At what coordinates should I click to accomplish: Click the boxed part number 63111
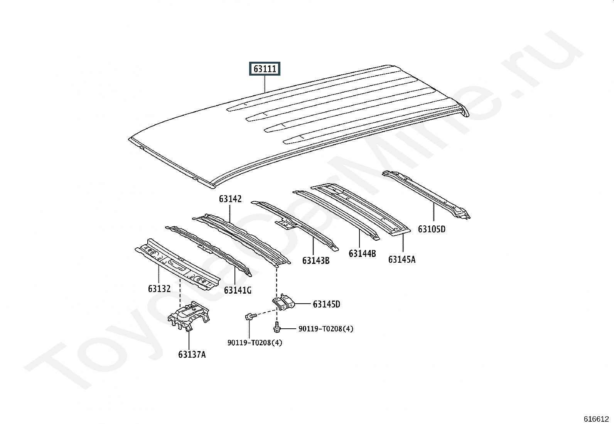[x=265, y=69]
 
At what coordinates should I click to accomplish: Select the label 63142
[x=230, y=199]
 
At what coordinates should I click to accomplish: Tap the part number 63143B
[x=315, y=261]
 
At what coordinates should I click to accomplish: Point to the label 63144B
[x=362, y=253]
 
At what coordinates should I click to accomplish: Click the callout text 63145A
[x=401, y=259]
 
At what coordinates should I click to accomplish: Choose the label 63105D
[x=432, y=229]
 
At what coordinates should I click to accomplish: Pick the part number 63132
[x=159, y=289]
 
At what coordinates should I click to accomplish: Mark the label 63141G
[x=238, y=290]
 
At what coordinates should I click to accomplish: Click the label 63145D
[x=326, y=304]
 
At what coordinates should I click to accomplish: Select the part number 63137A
[x=192, y=354]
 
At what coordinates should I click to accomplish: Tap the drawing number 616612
[x=596, y=419]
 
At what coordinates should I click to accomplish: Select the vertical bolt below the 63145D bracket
[x=277, y=328]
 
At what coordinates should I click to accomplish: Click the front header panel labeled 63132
[x=177, y=264]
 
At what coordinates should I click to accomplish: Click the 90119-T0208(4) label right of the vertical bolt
[x=326, y=329]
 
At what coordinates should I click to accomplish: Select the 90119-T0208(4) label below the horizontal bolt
[x=255, y=343]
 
